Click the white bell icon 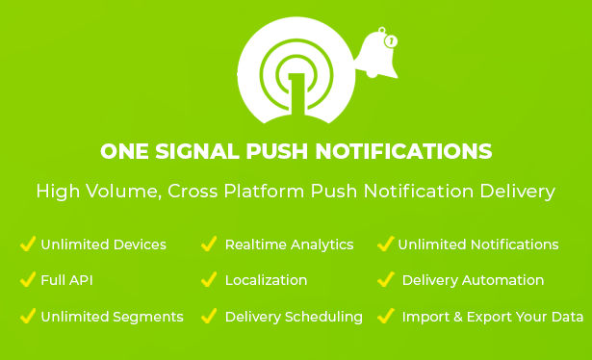click(x=376, y=55)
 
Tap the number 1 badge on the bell click(x=391, y=41)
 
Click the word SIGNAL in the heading click(x=197, y=151)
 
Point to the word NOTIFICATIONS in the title click(x=403, y=151)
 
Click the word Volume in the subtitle click(x=121, y=191)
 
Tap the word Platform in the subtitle click(x=264, y=191)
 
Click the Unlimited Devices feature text click(x=103, y=244)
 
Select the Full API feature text click(x=66, y=280)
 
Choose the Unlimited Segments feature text click(x=112, y=317)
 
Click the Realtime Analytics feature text click(x=289, y=244)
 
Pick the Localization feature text click(x=267, y=280)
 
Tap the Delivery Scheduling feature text click(x=294, y=317)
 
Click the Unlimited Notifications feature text click(x=478, y=244)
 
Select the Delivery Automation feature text click(x=473, y=280)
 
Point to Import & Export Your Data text click(x=493, y=317)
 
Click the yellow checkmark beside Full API click(x=28, y=279)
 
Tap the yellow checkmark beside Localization click(x=209, y=279)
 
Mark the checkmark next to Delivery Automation click(x=386, y=279)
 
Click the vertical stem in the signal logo click(x=296, y=94)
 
